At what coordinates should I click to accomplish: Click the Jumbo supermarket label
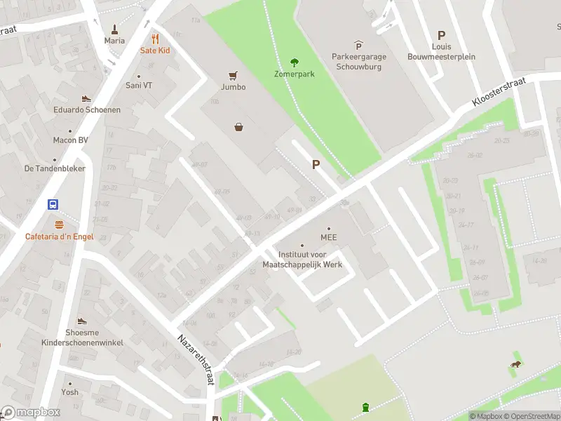[234, 87]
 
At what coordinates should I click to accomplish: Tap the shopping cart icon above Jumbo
[234, 75]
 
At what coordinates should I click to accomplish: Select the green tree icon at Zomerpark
[294, 62]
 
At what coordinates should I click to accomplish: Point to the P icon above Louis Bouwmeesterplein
[441, 35]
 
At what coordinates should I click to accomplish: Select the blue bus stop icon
[53, 205]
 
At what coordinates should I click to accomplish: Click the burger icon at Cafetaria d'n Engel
[59, 225]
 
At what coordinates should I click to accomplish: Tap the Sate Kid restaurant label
[155, 51]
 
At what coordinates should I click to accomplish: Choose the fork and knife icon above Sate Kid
[155, 39]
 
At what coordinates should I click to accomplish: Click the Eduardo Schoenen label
[87, 109]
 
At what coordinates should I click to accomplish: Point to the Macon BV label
[70, 140]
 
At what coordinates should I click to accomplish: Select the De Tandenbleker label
[55, 168]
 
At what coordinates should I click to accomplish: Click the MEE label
[329, 237]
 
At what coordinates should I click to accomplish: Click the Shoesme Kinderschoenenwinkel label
[83, 337]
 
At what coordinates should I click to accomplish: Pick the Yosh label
[69, 392]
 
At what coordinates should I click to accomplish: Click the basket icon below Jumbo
[239, 127]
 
